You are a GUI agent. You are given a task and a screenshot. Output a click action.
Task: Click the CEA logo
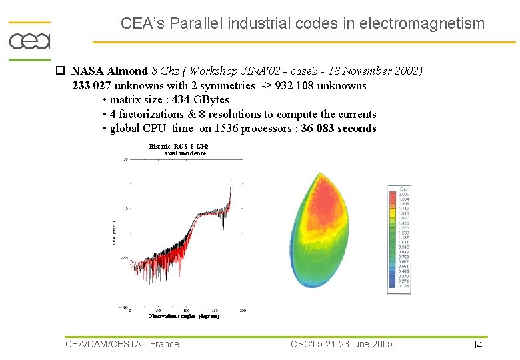[x=29, y=41]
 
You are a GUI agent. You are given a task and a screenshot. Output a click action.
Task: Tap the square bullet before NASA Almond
[x=60, y=71]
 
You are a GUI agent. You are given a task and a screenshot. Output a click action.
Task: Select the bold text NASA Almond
[x=109, y=71]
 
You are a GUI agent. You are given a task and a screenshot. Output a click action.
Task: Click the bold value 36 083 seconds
[x=339, y=129]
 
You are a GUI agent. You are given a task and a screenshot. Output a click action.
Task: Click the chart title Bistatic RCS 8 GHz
[x=179, y=146]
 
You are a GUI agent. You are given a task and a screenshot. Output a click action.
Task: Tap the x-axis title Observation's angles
[x=183, y=316]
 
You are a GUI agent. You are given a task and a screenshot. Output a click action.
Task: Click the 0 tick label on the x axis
[x=131, y=311]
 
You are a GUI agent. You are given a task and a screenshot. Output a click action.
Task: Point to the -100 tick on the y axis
[x=123, y=307]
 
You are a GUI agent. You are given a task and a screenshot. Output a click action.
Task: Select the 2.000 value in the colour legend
[x=404, y=195]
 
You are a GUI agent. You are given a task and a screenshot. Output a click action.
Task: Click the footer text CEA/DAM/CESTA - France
[x=122, y=344]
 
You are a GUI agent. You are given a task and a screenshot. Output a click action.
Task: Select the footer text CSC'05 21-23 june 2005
[x=341, y=344]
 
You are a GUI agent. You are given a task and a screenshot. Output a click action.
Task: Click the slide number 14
[x=477, y=345]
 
